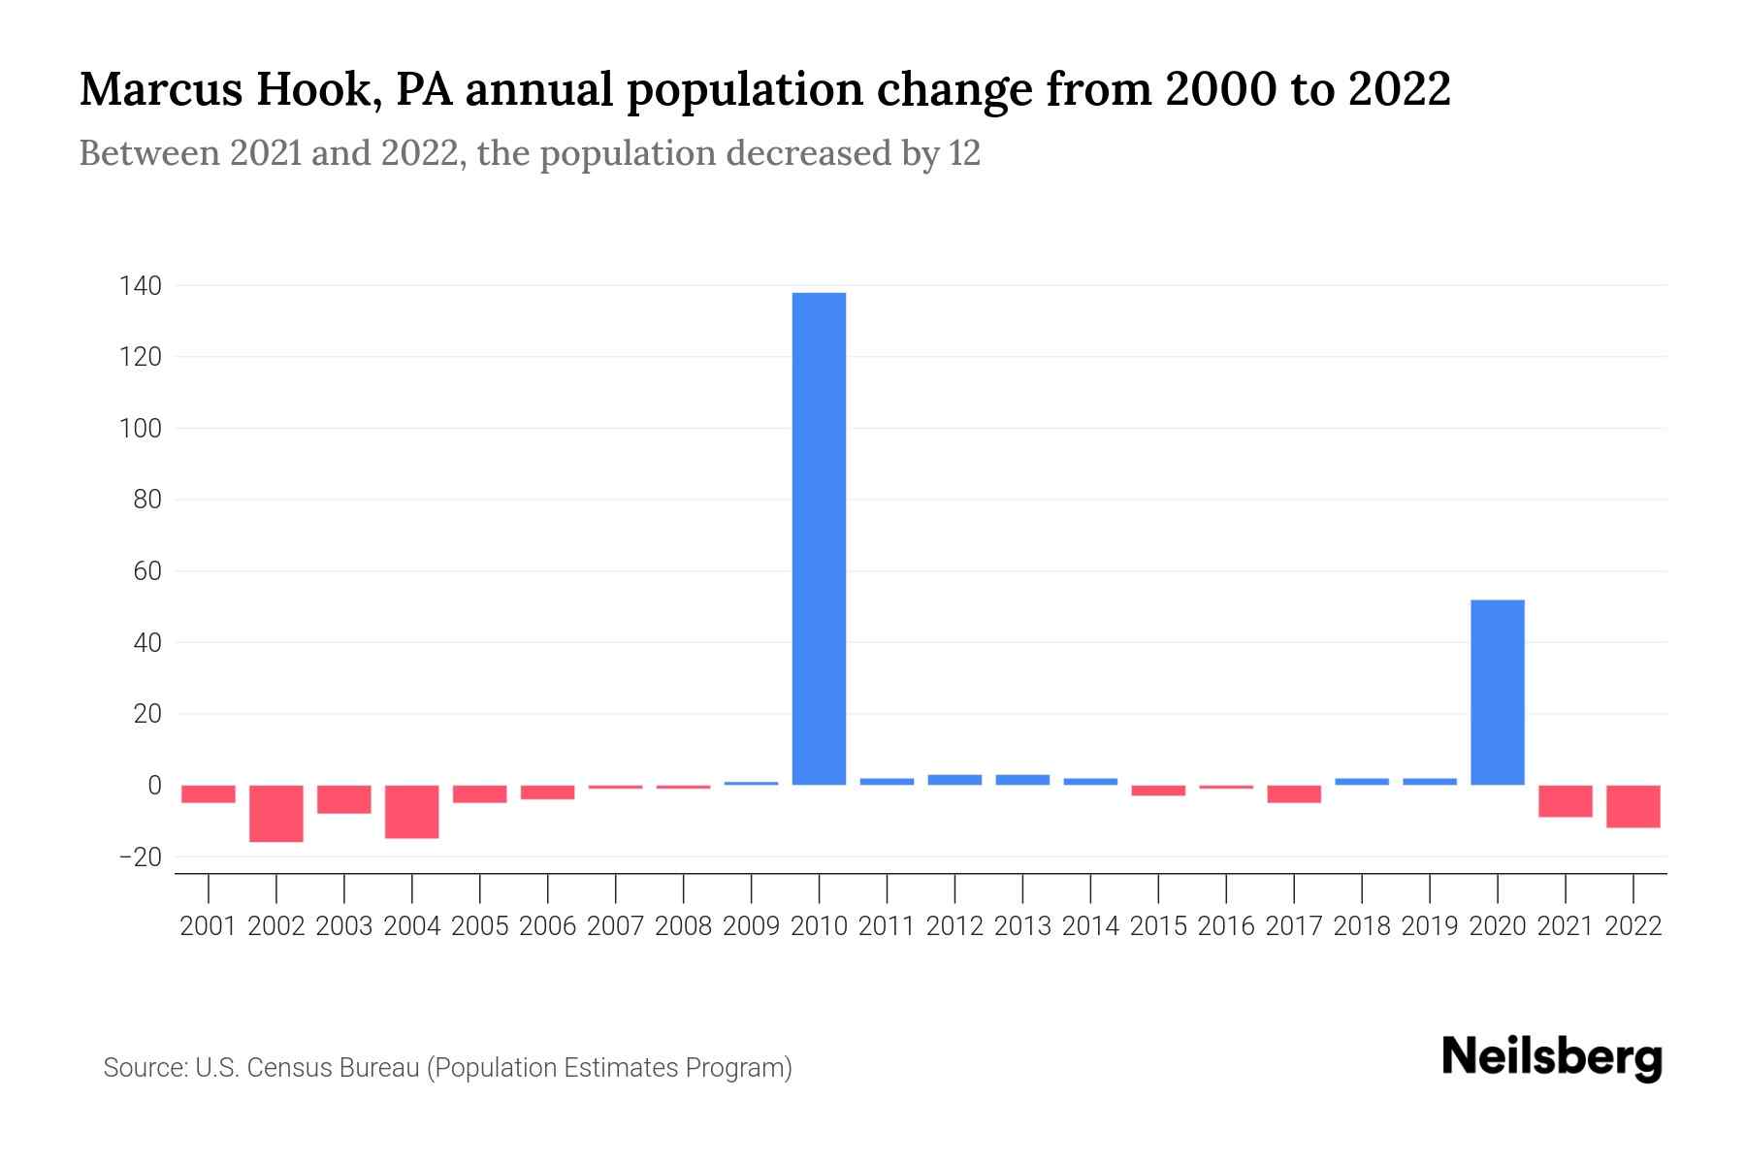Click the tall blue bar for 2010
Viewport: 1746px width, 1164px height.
819,538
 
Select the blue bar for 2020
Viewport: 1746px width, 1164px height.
1497,692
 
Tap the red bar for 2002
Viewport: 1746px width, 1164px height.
276,813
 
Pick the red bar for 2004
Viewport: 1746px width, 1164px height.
412,811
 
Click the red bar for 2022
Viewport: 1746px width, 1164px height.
1633,806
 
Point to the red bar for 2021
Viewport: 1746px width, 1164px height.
1565,801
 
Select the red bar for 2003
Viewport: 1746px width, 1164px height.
344,799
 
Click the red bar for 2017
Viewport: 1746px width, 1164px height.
1294,794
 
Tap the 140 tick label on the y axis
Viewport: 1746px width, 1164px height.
141,286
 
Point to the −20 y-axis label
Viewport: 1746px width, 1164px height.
140,857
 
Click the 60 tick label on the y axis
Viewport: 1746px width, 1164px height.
147,571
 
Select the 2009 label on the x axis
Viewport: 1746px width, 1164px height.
751,926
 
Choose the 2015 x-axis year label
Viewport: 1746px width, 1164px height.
1158,926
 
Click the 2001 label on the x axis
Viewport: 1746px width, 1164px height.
209,926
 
